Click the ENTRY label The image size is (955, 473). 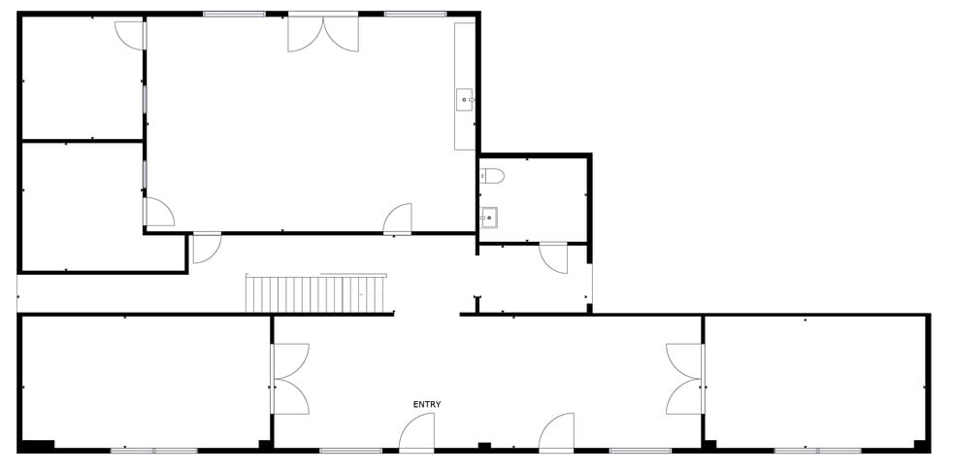(x=427, y=404)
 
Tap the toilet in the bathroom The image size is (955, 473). (x=492, y=176)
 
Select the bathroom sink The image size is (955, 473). (x=488, y=217)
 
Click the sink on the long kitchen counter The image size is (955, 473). (x=465, y=100)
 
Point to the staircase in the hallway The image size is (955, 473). (x=316, y=293)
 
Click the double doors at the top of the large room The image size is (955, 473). (x=323, y=33)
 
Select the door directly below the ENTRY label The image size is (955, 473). (x=417, y=433)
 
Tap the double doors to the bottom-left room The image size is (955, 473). (x=290, y=379)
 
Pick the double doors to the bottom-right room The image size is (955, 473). (x=685, y=379)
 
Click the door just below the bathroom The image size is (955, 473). (x=553, y=257)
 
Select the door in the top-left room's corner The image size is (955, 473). (x=130, y=35)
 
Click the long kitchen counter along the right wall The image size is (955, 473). (x=465, y=86)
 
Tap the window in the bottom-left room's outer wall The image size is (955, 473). (x=154, y=451)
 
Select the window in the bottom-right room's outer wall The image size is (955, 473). (x=818, y=451)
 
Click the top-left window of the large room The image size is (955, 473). (x=235, y=14)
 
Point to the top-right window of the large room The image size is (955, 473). (x=416, y=14)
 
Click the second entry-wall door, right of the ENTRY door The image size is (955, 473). (x=557, y=433)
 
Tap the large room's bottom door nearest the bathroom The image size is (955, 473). (x=398, y=220)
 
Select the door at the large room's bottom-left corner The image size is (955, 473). (x=158, y=212)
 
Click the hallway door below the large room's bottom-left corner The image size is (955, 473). (x=207, y=248)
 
